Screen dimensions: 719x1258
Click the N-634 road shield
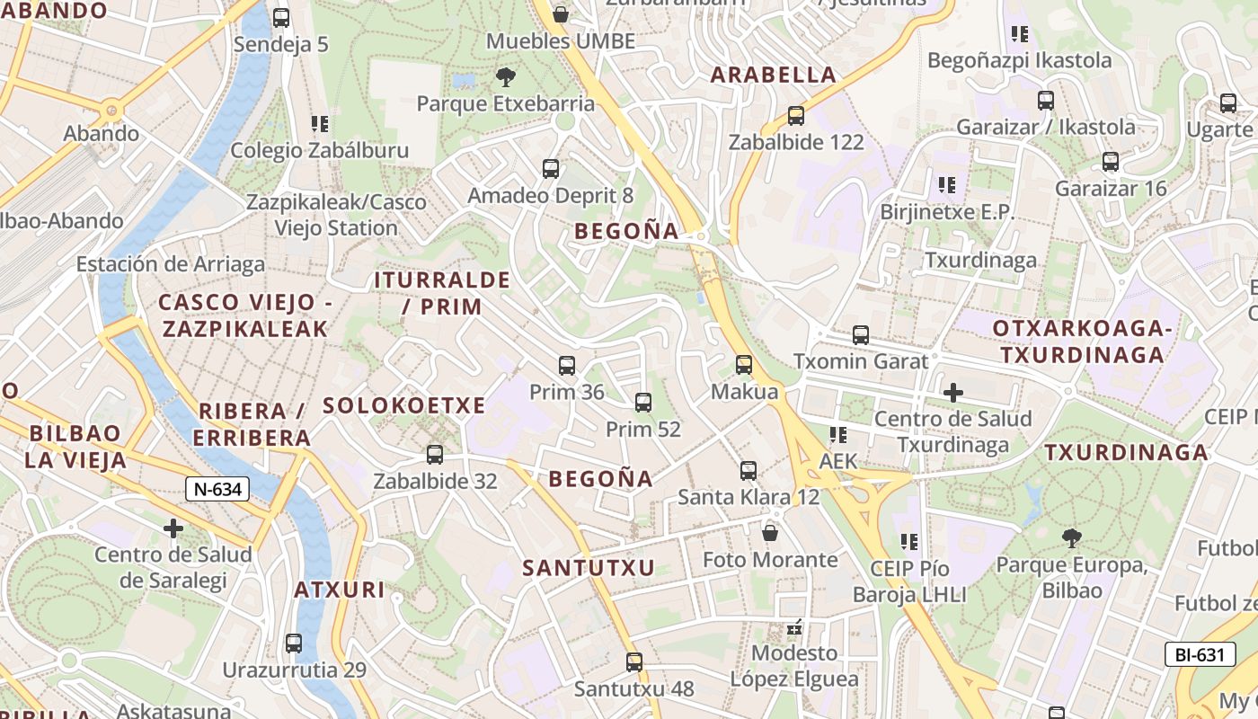tap(217, 489)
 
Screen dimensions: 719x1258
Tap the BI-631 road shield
tap(1200, 654)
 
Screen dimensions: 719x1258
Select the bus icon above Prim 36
tap(566, 366)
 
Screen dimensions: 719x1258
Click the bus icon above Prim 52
tap(643, 403)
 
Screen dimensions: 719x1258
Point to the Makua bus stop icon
tap(744, 365)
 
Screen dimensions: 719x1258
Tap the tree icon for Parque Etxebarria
tap(506, 77)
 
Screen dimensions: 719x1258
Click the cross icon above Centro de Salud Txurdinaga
tap(953, 393)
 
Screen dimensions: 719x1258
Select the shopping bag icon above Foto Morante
tap(770, 533)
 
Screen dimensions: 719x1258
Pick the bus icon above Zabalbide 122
tap(795, 116)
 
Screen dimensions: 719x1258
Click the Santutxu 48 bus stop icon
tap(634, 662)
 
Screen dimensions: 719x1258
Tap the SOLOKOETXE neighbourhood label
tap(403, 405)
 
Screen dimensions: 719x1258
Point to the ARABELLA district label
tap(774, 75)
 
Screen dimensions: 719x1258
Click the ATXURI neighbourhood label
tap(340, 590)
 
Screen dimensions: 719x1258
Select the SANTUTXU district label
tap(589, 568)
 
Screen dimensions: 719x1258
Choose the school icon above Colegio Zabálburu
tap(320, 124)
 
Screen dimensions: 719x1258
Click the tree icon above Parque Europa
tap(1071, 538)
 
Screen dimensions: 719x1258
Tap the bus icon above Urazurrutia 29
tap(294, 644)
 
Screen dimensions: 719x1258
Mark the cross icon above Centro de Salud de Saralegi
tap(173, 528)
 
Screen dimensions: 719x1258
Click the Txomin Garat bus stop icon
tap(861, 335)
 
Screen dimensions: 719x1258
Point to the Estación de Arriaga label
tap(171, 264)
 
